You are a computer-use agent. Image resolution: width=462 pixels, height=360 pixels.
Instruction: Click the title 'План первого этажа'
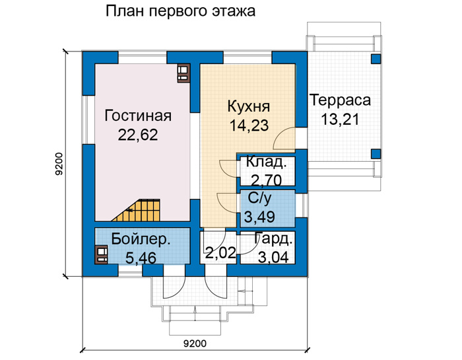(180, 12)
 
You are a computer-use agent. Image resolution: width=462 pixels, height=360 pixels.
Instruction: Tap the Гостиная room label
(138, 116)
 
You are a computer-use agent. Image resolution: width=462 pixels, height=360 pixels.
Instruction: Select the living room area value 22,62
(138, 135)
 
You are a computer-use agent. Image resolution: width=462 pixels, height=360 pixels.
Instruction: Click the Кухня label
(249, 106)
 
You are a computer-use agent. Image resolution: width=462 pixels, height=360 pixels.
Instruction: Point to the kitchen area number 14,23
(249, 126)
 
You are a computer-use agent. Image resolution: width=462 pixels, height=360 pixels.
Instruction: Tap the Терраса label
(341, 100)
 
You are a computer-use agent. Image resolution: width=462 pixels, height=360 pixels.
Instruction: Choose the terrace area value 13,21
(340, 120)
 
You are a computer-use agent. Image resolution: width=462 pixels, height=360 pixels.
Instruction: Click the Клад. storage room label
(266, 162)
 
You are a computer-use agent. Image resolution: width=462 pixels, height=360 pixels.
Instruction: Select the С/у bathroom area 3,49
(259, 217)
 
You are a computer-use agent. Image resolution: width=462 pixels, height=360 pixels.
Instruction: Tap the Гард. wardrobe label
(274, 239)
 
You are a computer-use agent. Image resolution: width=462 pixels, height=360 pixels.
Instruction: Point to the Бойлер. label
(141, 239)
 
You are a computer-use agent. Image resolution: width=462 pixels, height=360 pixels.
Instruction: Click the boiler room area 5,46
(141, 258)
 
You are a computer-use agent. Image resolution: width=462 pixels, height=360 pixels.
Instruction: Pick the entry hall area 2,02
(220, 253)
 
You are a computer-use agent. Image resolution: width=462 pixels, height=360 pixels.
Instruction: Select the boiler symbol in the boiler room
(102, 255)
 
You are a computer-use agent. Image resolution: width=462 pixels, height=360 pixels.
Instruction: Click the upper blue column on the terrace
(376, 59)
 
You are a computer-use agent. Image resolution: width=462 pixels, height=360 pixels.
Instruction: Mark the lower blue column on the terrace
(376, 154)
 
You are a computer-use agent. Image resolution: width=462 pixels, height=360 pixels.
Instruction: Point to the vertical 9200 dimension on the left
(59, 164)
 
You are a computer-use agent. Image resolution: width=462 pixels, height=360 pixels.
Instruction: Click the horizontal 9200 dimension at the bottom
(195, 343)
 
